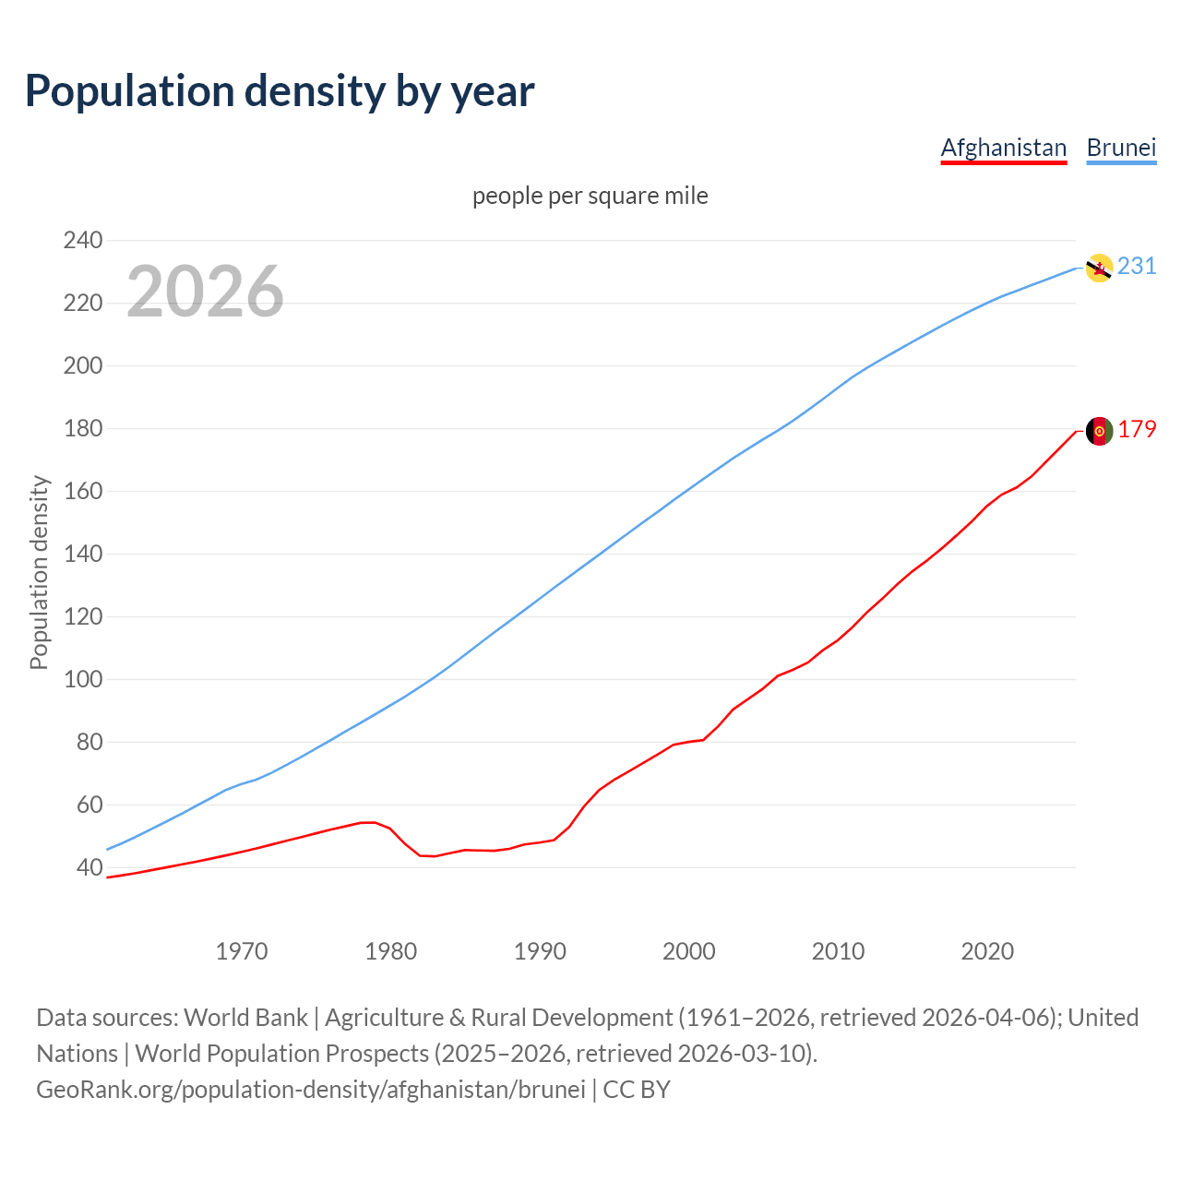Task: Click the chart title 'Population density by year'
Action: click(280, 91)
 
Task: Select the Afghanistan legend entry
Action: click(1003, 148)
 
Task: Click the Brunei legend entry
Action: click(1121, 148)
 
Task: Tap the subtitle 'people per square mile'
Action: click(590, 197)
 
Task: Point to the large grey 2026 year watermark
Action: click(205, 292)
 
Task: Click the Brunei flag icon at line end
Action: click(1098, 268)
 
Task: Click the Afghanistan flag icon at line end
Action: click(1098, 431)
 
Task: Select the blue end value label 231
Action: click(1137, 267)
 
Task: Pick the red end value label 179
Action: click(1137, 430)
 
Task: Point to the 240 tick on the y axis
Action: click(83, 241)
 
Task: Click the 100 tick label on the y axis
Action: click(83, 680)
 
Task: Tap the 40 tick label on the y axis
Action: click(89, 868)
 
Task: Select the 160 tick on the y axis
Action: click(83, 492)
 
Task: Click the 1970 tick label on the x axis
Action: click(242, 951)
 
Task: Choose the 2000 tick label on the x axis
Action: click(689, 951)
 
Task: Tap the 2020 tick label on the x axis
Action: click(987, 951)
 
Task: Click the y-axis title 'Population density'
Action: click(39, 572)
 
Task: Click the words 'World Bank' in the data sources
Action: click(245, 1018)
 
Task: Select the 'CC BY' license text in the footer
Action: click(637, 1090)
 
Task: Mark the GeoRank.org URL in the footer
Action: click(311, 1090)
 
